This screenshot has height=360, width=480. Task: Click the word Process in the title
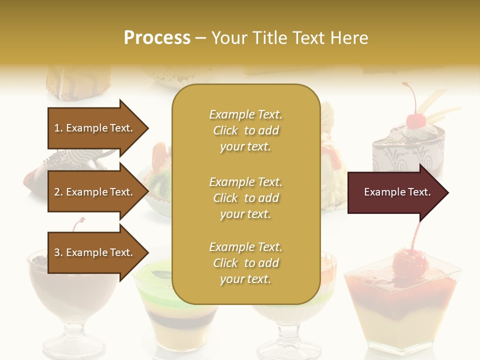157,38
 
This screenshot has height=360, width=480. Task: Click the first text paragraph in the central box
245,130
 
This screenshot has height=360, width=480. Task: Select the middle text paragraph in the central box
245,198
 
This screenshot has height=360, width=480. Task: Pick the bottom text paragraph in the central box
245,263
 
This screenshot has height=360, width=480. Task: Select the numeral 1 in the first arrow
57,128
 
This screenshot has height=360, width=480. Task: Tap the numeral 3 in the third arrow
57,252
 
